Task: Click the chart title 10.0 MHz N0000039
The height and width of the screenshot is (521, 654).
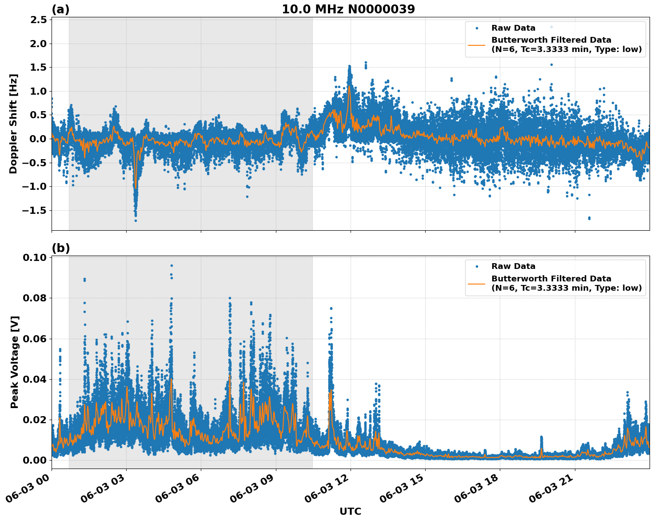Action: pyautogui.click(x=348, y=9)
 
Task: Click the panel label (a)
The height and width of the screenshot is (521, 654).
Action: pyautogui.click(x=60, y=9)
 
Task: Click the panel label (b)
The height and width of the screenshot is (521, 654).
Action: pyautogui.click(x=60, y=248)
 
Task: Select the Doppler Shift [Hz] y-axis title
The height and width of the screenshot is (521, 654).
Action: pyautogui.click(x=13, y=124)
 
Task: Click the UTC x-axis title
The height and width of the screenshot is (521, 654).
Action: pyautogui.click(x=350, y=511)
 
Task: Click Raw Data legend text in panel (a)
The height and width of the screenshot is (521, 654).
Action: pyautogui.click(x=513, y=28)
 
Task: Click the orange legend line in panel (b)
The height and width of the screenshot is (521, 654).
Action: pyautogui.click(x=476, y=283)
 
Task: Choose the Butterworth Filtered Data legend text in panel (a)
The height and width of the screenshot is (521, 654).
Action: pyautogui.click(x=551, y=40)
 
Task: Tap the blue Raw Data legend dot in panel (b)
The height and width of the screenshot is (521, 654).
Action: pyautogui.click(x=476, y=266)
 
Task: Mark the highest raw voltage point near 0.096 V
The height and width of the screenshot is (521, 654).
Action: pyautogui.click(x=171, y=265)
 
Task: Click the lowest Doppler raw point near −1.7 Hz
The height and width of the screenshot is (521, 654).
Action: pyautogui.click(x=136, y=220)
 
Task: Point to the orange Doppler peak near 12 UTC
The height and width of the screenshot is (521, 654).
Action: pyautogui.click(x=350, y=86)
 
